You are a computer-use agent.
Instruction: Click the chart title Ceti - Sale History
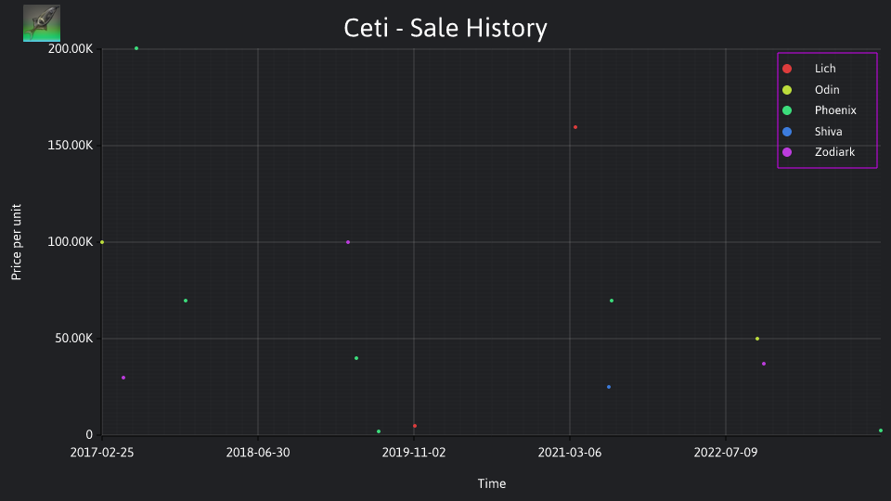coord(445,28)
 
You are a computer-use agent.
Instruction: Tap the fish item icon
coord(42,23)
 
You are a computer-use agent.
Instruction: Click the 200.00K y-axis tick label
coord(71,49)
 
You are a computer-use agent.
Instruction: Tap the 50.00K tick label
coord(74,339)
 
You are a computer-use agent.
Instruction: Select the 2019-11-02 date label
coord(414,453)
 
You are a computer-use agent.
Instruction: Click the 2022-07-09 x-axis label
coord(726,453)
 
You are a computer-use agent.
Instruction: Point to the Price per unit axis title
coord(16,242)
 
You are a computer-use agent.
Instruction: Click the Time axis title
coord(492,483)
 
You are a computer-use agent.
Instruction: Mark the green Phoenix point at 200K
coord(136,48)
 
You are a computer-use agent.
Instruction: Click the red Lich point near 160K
coord(575,127)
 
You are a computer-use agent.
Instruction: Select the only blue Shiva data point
coord(609,387)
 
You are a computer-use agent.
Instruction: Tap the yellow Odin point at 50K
coord(757,339)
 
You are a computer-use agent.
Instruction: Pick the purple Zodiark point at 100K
coord(348,242)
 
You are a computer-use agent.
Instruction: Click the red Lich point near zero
coord(415,426)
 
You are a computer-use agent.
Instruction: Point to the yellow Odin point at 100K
coord(102,242)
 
